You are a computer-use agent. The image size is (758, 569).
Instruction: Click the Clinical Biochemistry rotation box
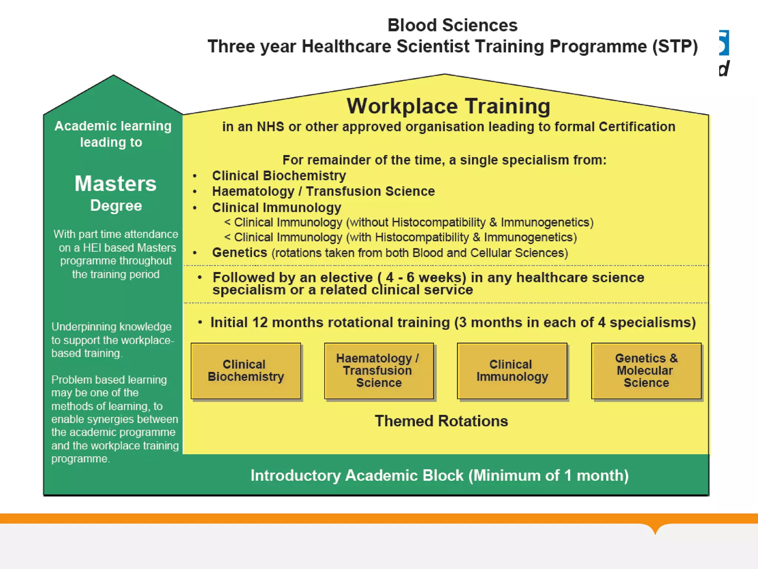coord(246,371)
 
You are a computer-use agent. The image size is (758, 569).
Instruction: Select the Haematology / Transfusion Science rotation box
coord(379,371)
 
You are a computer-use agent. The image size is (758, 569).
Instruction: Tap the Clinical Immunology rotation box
coord(512,371)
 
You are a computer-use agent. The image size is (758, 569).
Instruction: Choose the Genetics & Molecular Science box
coord(646,371)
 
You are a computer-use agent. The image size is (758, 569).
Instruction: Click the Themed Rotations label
coord(441,421)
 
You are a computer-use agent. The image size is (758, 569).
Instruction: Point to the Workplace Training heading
coord(448,106)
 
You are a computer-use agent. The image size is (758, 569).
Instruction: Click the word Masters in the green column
coord(115,184)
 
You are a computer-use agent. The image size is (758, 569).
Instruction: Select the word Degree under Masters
coord(116,206)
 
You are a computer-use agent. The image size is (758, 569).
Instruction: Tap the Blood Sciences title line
coord(452,26)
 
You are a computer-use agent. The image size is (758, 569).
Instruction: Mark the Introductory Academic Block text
coord(439,476)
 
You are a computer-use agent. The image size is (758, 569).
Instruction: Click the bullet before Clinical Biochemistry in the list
coord(195,176)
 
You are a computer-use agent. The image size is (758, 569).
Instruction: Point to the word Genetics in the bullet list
coord(239,253)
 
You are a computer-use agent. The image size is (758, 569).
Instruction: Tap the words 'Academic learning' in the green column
coord(113,126)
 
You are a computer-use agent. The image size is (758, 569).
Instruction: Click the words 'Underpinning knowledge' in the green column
coord(111,327)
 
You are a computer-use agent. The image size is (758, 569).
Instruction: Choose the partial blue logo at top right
coord(724,43)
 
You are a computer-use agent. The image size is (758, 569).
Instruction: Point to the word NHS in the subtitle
coord(270,127)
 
